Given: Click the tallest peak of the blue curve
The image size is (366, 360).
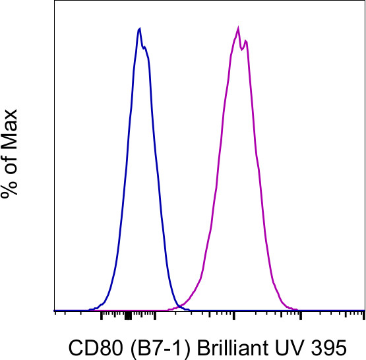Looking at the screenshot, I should [x=139, y=29].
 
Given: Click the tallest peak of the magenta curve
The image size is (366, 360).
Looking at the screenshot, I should [x=238, y=29].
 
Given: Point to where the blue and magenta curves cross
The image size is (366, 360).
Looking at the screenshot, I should [x=177, y=304].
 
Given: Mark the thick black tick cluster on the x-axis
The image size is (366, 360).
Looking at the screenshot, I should [x=128, y=316].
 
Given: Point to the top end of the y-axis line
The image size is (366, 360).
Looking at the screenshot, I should [x=53, y=1].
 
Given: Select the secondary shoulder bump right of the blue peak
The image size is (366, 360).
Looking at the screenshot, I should [x=146, y=48].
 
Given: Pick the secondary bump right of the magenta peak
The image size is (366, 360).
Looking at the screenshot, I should [x=246, y=41].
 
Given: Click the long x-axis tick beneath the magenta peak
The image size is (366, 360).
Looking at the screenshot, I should [x=235, y=317].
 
